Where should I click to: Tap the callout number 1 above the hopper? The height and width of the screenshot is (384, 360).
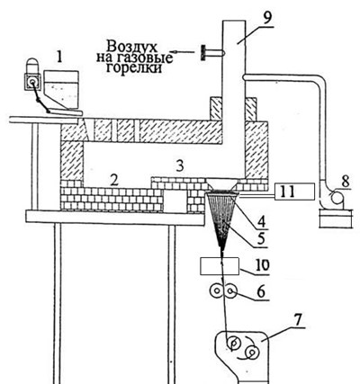point(59,58)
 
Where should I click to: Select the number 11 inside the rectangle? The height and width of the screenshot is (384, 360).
point(287,192)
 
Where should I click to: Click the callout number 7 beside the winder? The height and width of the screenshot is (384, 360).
point(297,320)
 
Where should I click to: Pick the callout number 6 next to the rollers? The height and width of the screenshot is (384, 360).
point(261,291)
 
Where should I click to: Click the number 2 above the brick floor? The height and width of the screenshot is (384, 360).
point(115,181)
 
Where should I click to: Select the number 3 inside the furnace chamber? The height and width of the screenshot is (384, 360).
point(180,166)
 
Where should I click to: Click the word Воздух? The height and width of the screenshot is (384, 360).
point(132,47)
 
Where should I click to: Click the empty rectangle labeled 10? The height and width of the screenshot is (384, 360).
point(220,266)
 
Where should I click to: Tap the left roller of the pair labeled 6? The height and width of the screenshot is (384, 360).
point(216,290)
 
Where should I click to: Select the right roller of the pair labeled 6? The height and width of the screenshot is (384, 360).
point(230,290)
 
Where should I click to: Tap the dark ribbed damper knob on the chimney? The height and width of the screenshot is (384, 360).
point(203,53)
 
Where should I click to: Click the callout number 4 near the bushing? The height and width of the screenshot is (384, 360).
point(261,222)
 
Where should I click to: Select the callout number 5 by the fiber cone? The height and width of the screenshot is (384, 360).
point(261,239)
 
